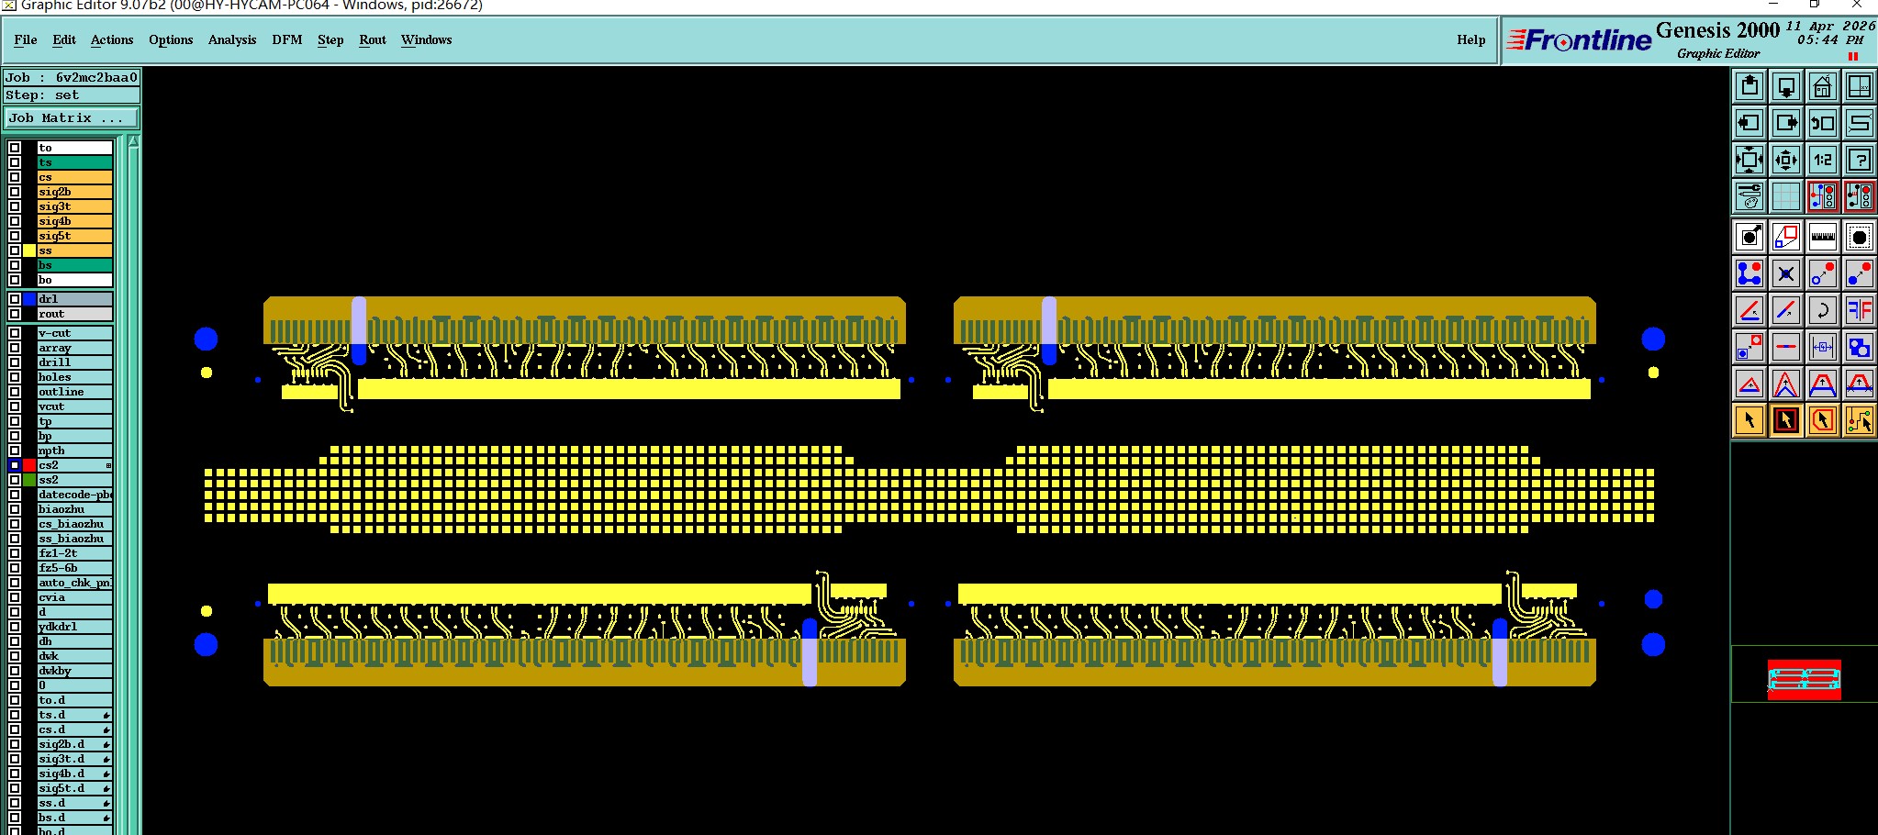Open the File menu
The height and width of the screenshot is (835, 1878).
[x=26, y=39]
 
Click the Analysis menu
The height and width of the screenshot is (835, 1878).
[x=231, y=39]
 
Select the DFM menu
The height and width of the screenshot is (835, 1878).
[x=286, y=39]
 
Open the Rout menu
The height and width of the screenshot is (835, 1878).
[x=372, y=39]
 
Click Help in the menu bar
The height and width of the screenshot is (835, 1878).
[x=1470, y=39]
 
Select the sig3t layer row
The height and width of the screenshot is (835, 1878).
[x=73, y=206]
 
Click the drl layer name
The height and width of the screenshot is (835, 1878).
[x=73, y=299]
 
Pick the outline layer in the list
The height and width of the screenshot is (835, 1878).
[x=73, y=392]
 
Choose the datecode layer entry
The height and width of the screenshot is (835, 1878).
[x=73, y=495]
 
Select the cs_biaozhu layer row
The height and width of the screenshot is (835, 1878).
[x=73, y=524]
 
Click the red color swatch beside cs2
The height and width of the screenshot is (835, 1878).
[x=29, y=465]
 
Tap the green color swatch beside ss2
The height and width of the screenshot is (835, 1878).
[x=29, y=480]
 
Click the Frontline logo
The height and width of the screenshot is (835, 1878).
[x=1580, y=40]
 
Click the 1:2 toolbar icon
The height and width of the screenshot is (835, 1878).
[x=1822, y=160]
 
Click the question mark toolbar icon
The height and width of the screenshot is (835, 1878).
[x=1859, y=160]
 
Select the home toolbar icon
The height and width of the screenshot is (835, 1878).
[x=1822, y=87]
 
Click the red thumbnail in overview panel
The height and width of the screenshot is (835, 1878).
[x=1804, y=679]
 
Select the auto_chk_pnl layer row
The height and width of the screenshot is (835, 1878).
[x=73, y=583]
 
